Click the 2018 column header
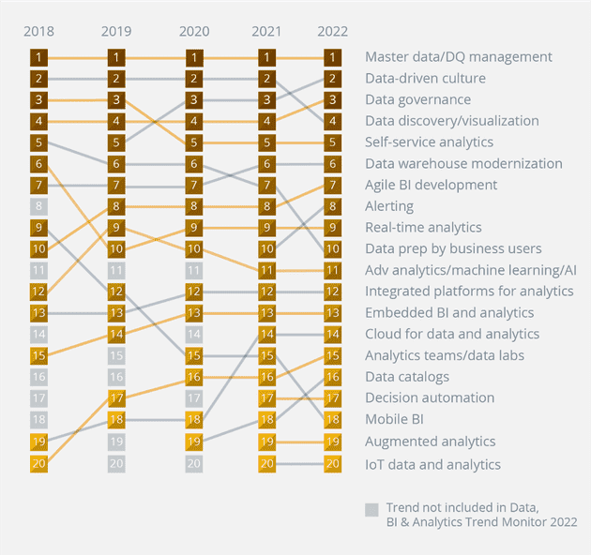pyautogui.click(x=38, y=31)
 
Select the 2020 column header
pyautogui.click(x=193, y=31)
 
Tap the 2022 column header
pyautogui.click(x=332, y=31)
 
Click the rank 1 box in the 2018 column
pyautogui.click(x=38, y=57)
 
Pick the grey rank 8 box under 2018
pyautogui.click(x=38, y=206)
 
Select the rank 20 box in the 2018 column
pyautogui.click(x=38, y=462)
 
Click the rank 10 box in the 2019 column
pyautogui.click(x=116, y=248)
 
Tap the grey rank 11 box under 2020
pyautogui.click(x=193, y=270)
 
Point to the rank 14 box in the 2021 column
pyautogui.click(x=267, y=334)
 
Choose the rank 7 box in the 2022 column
pyautogui.click(x=332, y=185)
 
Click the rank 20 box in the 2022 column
pyautogui.click(x=332, y=462)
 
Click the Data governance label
pyautogui.click(x=418, y=99)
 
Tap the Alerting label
pyautogui.click(x=389, y=206)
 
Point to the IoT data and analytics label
pyautogui.click(x=432, y=464)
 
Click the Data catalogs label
pyautogui.click(x=407, y=377)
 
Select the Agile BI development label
pyautogui.click(x=431, y=185)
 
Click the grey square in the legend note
pyautogui.click(x=372, y=509)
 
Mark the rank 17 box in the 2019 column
pyautogui.click(x=116, y=397)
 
